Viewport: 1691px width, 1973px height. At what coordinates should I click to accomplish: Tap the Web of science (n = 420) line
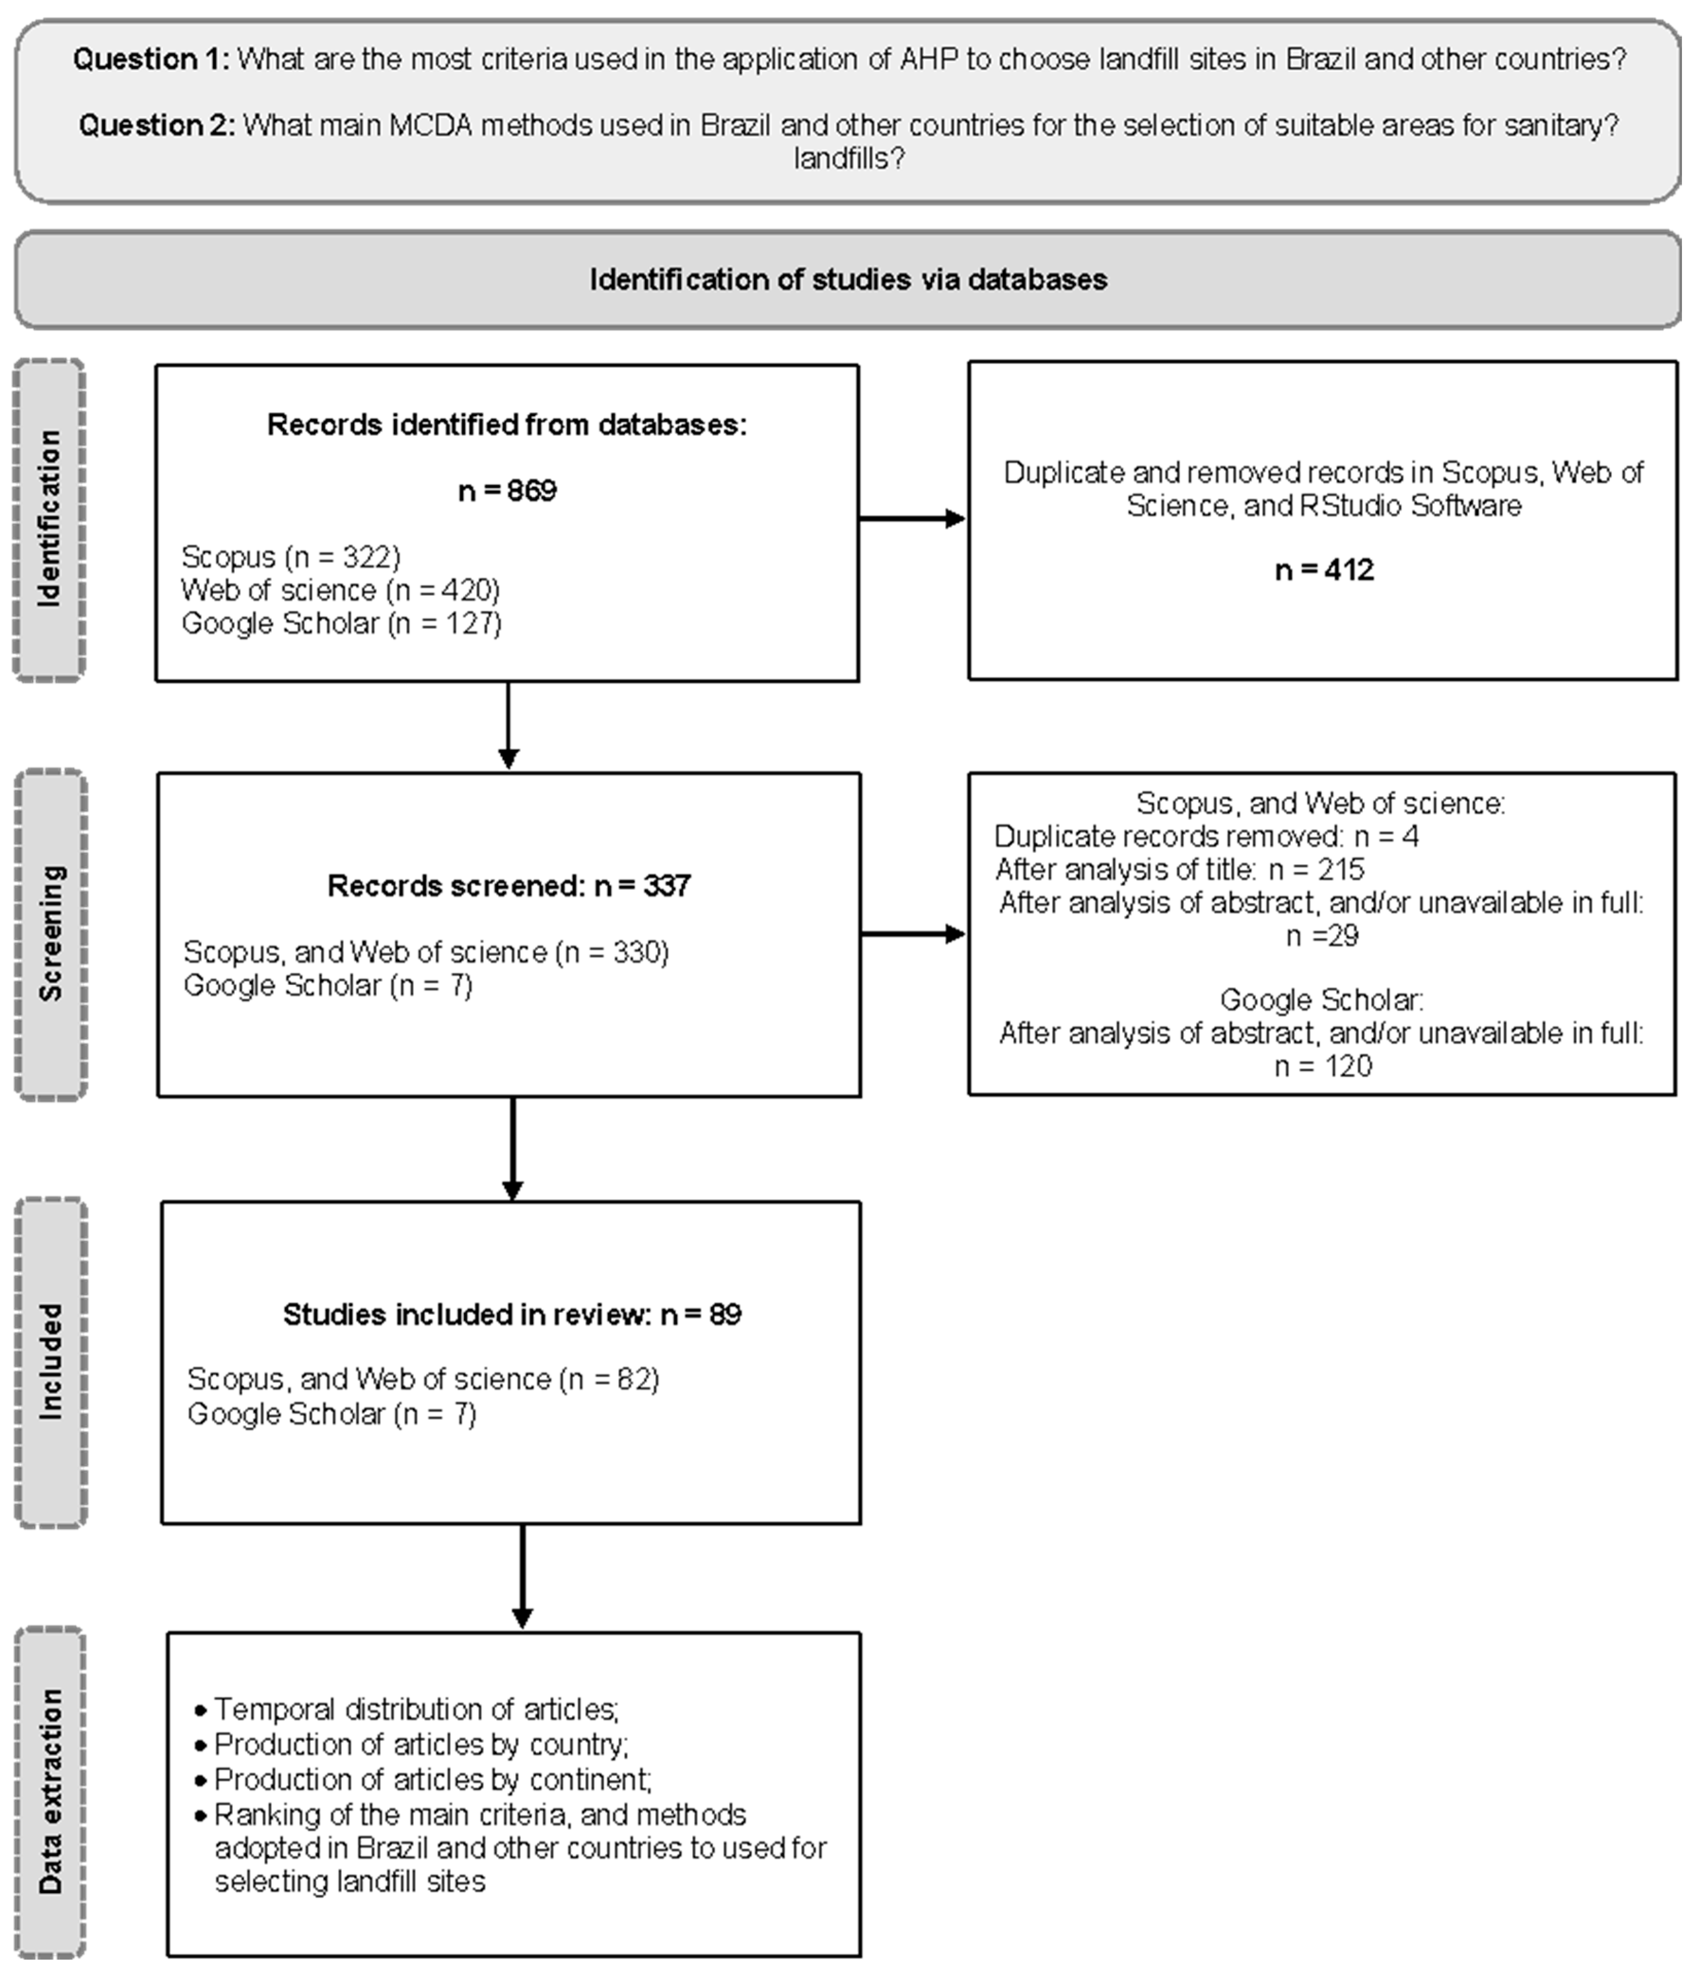[x=340, y=590]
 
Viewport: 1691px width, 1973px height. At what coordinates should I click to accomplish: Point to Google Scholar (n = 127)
[x=341, y=624]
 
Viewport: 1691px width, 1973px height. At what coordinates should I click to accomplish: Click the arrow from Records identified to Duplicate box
[x=912, y=519]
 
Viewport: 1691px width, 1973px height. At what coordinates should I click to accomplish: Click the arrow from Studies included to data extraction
[x=522, y=1576]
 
